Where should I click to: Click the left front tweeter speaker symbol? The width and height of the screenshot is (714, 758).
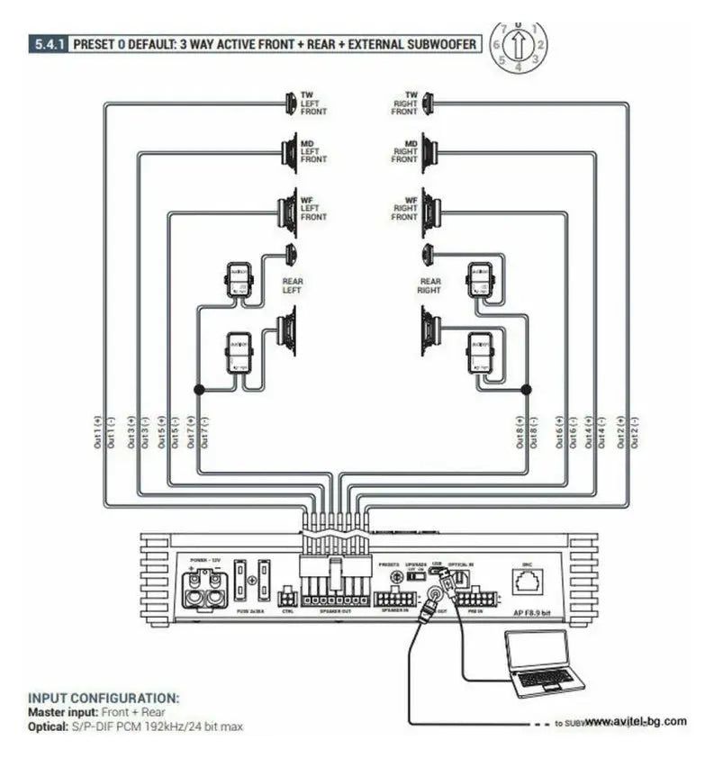[x=291, y=104]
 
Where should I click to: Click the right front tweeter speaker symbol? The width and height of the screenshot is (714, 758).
[x=428, y=104]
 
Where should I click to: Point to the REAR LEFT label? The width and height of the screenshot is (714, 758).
[x=293, y=286]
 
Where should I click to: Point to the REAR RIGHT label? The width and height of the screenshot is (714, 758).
[x=429, y=286]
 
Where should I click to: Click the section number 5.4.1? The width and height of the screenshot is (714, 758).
[x=46, y=42]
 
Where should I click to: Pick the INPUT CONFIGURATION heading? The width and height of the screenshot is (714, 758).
[x=104, y=698]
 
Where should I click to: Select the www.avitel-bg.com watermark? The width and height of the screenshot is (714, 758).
[x=635, y=721]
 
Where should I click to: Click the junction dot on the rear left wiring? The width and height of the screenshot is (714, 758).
[x=196, y=389]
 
